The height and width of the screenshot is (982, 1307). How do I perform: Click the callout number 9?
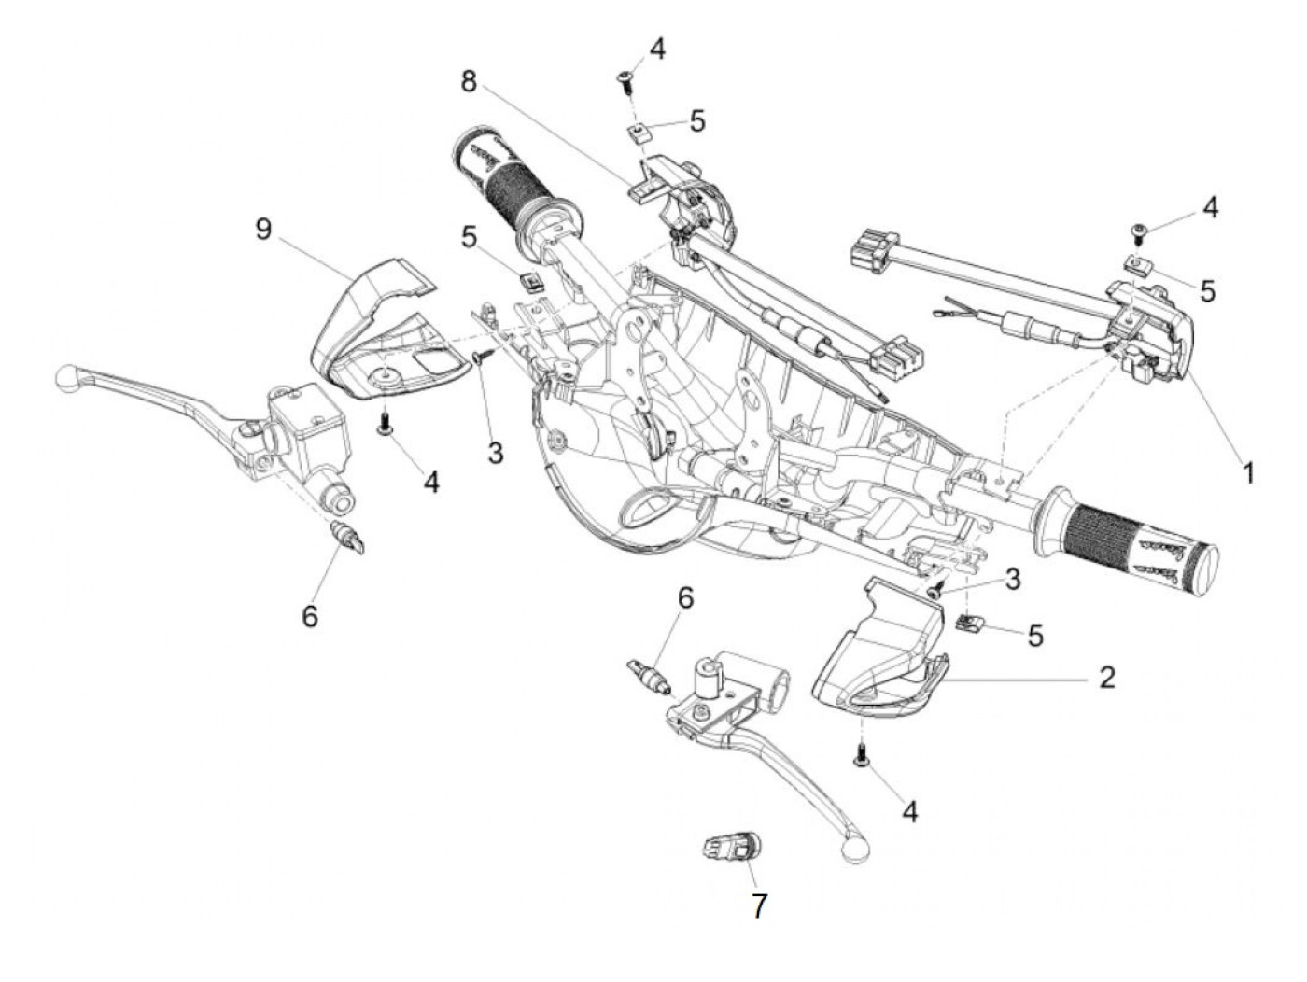pos(264,229)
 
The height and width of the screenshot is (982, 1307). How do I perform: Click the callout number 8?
pos(469,81)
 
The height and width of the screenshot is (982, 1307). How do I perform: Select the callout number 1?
pos(1247,472)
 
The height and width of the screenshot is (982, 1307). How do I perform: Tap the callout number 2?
pos(1106,677)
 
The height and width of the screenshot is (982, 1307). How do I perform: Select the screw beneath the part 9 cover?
pos(384,427)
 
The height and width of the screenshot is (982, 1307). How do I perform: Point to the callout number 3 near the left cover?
pos(495,454)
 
